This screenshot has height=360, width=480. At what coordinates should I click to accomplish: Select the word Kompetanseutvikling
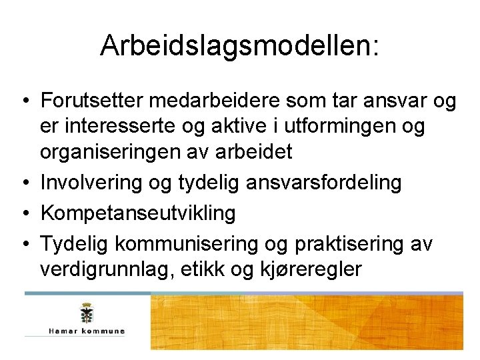138,213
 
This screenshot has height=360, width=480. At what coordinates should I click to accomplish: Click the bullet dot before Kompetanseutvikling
23,214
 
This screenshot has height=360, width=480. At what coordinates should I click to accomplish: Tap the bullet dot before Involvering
23,183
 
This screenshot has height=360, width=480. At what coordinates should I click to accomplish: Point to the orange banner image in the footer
307,323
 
